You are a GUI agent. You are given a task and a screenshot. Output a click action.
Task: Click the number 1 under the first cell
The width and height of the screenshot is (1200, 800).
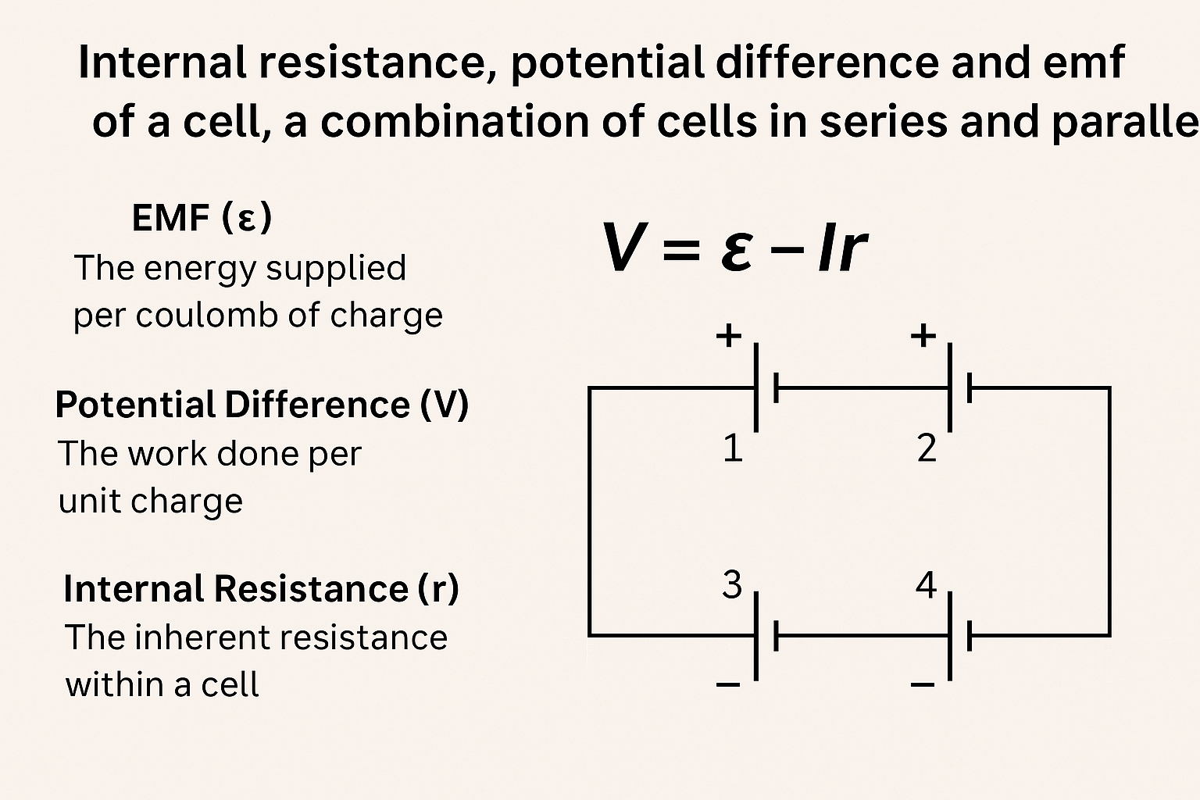tap(732, 448)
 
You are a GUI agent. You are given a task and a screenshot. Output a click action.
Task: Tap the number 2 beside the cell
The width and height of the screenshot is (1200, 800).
tap(927, 448)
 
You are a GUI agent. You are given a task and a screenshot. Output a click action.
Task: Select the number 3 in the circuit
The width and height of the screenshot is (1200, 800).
tap(732, 584)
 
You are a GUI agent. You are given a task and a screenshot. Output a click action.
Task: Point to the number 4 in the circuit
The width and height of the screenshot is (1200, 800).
tap(926, 584)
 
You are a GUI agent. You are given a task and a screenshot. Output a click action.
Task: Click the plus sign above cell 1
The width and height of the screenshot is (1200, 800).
tap(728, 336)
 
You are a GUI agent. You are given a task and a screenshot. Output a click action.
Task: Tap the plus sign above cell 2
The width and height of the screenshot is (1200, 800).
tap(923, 336)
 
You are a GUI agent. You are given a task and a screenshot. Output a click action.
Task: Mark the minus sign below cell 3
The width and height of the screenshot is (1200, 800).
tap(727, 685)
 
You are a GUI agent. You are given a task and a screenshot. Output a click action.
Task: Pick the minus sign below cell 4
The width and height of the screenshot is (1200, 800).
tap(923, 685)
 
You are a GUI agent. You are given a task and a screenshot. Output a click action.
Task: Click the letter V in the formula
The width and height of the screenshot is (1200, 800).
tap(623, 248)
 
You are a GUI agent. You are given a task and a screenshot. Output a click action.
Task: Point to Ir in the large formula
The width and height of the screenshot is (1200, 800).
tap(842, 248)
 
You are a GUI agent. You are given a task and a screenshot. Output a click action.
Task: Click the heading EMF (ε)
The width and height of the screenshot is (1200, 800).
tap(202, 217)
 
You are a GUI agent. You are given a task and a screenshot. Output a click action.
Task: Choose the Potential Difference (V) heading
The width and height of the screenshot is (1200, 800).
tap(262, 405)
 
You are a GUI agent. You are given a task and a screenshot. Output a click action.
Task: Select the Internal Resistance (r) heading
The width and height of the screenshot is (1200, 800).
tap(261, 588)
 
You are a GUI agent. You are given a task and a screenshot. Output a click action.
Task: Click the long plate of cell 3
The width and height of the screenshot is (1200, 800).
tap(755, 636)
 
